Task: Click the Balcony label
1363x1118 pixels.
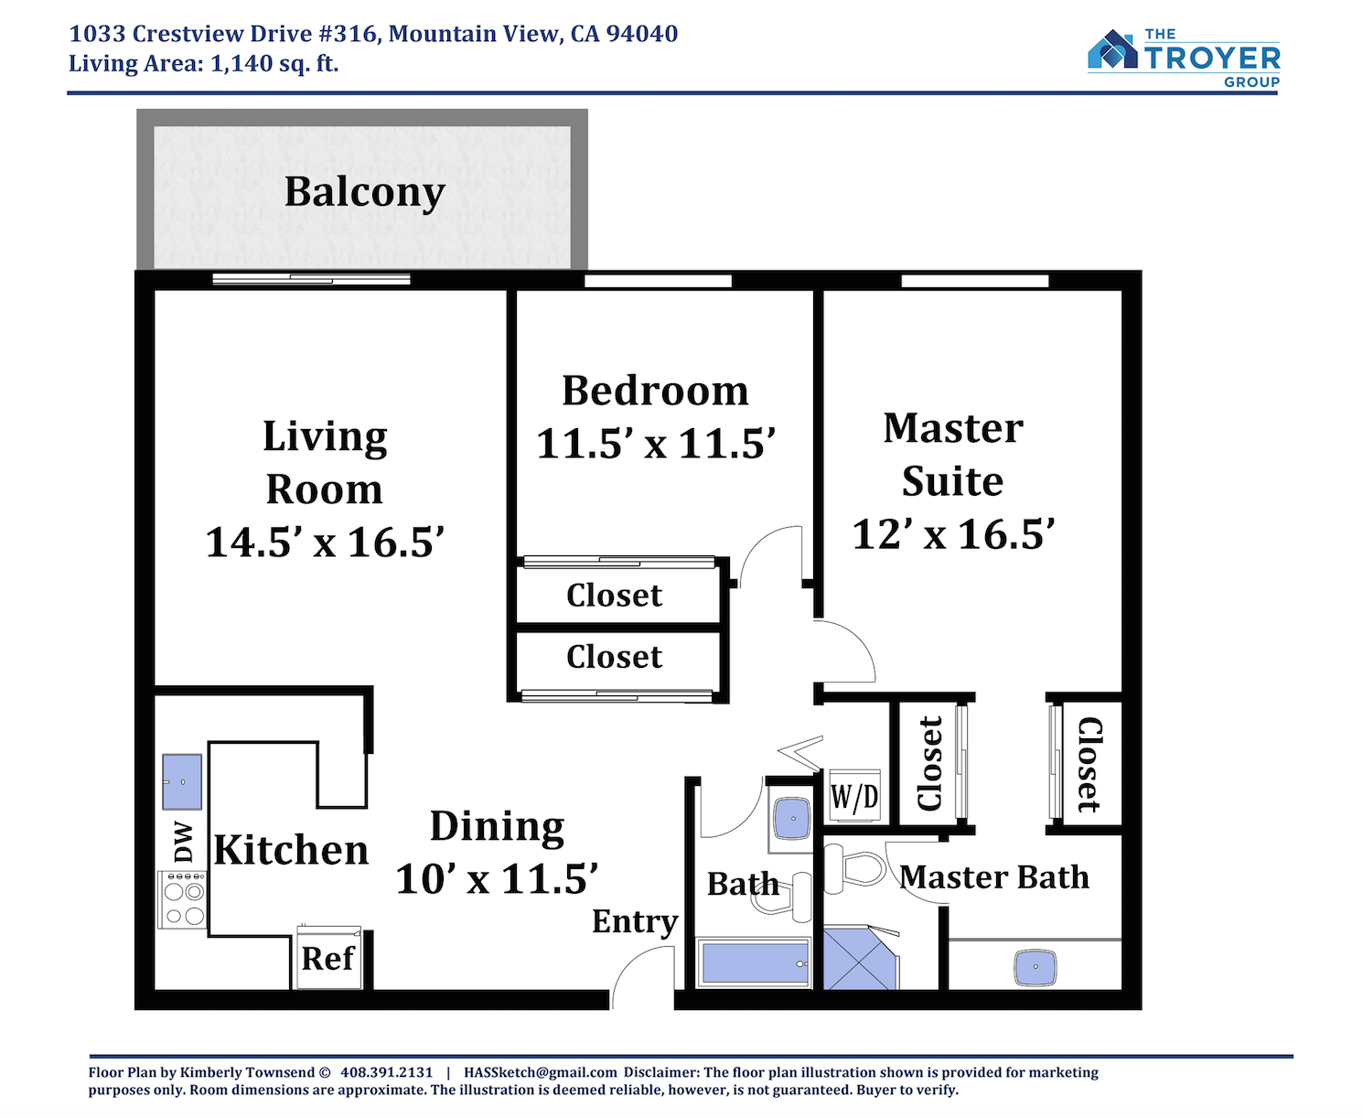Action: click(364, 193)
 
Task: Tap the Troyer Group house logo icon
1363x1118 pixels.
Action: click(1111, 49)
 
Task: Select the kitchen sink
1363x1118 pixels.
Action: click(182, 781)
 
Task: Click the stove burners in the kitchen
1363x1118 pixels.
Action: click(183, 899)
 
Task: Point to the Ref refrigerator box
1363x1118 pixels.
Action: click(328, 957)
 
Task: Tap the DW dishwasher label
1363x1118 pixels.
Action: click(184, 842)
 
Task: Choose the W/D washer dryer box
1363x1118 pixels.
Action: click(854, 796)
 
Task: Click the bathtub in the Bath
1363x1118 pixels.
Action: click(754, 962)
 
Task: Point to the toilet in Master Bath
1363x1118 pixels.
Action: click(854, 868)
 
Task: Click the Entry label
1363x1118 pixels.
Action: click(635, 921)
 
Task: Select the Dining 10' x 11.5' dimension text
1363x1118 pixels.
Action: click(497, 878)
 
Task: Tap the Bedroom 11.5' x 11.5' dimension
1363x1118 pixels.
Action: click(655, 444)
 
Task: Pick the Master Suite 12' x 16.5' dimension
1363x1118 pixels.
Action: click(953, 533)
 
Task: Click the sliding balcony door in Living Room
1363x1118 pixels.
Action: click(312, 279)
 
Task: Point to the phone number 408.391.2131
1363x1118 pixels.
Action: click(386, 1072)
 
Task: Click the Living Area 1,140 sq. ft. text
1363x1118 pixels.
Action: click(204, 64)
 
